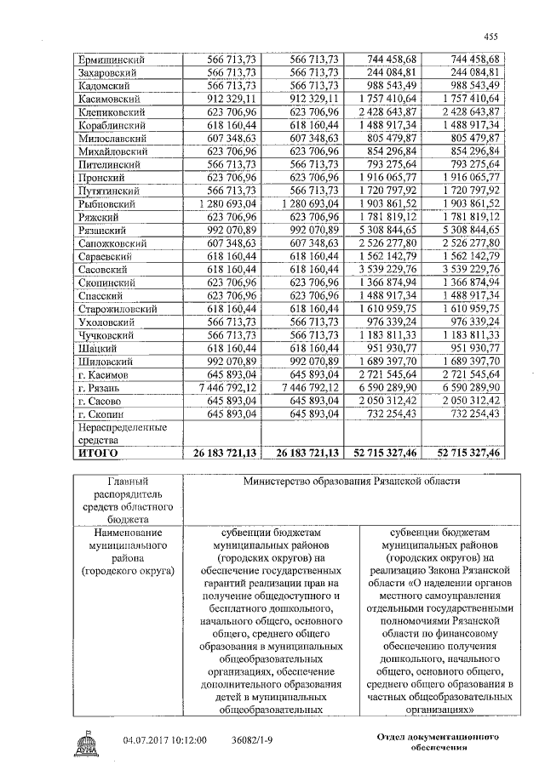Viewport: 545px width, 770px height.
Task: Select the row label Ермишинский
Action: pyautogui.click(x=112, y=59)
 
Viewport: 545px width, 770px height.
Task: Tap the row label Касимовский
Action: pyautogui.click(x=110, y=100)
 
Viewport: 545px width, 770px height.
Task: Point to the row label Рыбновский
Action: pyautogui.click(x=107, y=204)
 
